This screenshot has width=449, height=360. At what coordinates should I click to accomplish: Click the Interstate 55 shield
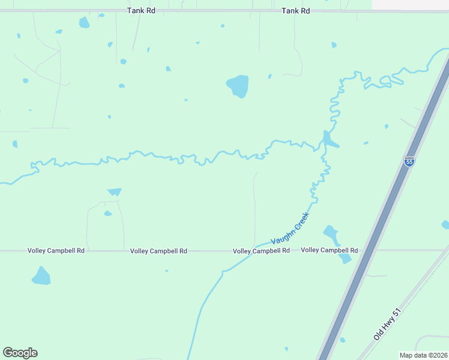click(x=409, y=162)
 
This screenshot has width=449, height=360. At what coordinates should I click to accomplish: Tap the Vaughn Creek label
click(x=290, y=228)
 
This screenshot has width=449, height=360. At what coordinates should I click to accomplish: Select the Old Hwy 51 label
click(x=387, y=325)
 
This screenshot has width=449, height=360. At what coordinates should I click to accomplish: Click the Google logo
click(x=20, y=353)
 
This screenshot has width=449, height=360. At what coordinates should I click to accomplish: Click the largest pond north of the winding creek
click(x=238, y=86)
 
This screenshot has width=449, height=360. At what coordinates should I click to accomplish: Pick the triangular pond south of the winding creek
click(x=114, y=192)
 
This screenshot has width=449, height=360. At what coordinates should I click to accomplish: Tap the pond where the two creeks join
click(x=328, y=141)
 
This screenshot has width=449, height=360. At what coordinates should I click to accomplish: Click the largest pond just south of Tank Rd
click(x=84, y=23)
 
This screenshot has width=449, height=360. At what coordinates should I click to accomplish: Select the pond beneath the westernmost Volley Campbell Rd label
click(x=41, y=277)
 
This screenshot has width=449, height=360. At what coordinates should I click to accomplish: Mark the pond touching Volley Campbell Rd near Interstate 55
click(x=345, y=257)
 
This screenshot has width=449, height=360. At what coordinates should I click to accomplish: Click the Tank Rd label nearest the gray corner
click(x=296, y=11)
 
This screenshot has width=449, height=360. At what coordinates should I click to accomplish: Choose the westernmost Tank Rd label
click(x=141, y=11)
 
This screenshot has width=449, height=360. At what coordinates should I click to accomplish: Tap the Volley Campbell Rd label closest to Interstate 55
click(x=329, y=250)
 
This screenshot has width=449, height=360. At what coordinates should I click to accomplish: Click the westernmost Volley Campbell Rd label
click(x=56, y=251)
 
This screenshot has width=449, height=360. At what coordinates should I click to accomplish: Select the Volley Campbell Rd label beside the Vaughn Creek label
click(x=261, y=251)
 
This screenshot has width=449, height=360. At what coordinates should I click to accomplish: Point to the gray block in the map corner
click(x=410, y=4)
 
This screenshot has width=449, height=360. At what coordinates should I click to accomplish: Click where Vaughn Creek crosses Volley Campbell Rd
click(x=255, y=247)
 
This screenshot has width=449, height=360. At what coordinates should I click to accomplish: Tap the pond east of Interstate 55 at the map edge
click(x=445, y=225)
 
